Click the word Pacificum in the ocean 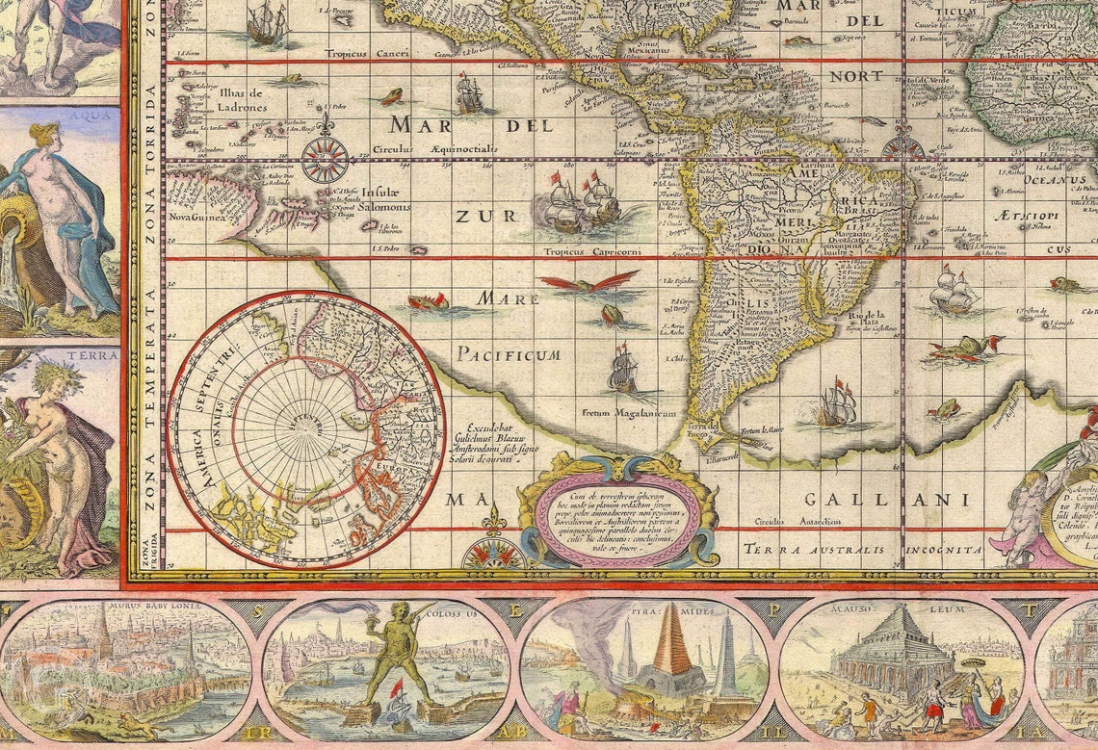coord(508,354)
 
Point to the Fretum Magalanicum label coord(628,413)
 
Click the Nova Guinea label coord(197,218)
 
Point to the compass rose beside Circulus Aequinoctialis coord(326,159)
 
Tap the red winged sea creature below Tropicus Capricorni coord(587,282)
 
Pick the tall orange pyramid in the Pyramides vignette coord(671,645)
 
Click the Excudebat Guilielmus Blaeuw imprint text coord(500,443)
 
